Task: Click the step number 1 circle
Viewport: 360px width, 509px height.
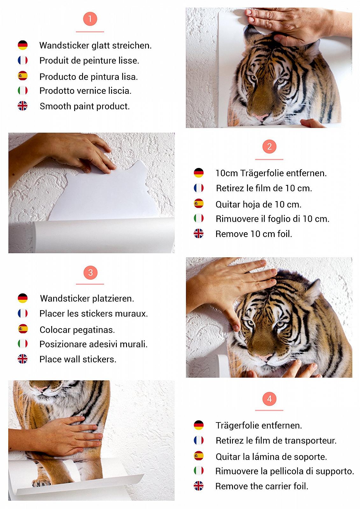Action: point(90,19)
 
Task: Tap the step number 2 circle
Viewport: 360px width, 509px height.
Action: point(269,147)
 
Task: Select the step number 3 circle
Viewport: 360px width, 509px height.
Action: point(90,273)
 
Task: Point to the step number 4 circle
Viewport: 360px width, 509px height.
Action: point(269,399)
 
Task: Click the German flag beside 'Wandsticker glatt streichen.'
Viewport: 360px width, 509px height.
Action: point(23,45)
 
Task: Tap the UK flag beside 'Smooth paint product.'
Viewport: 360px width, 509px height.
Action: point(23,106)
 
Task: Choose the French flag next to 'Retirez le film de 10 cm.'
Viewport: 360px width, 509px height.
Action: point(199,188)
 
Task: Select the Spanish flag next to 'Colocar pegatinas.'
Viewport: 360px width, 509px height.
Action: point(23,329)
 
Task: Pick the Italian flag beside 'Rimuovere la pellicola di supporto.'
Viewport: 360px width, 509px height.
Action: point(199,471)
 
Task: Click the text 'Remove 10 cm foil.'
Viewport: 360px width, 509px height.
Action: point(254,234)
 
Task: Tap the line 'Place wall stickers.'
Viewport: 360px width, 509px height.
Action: point(78,359)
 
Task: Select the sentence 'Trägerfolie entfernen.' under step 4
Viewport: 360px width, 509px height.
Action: point(259,426)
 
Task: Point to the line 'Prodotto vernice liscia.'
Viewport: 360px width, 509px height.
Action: point(85,91)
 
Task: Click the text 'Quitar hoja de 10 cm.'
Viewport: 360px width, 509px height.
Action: point(258,204)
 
